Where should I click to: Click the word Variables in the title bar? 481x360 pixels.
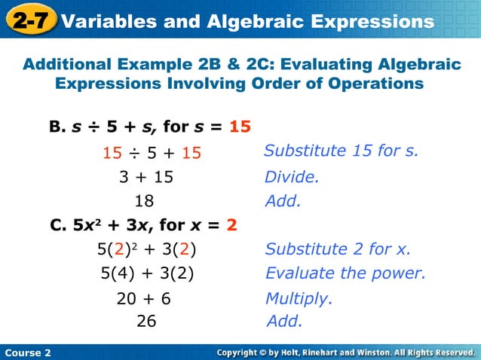click(x=106, y=20)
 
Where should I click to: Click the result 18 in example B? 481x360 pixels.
click(x=143, y=201)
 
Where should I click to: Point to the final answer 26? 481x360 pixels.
click(x=146, y=321)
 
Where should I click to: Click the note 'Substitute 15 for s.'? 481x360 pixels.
click(x=341, y=151)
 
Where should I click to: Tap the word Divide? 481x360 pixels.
click(x=292, y=178)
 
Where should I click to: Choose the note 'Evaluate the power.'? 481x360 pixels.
click(x=345, y=273)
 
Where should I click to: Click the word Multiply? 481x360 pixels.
click(x=299, y=298)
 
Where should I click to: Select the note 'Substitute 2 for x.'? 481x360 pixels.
click(x=338, y=249)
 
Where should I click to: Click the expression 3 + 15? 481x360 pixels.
click(x=146, y=178)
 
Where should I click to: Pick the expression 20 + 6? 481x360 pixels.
click(x=143, y=298)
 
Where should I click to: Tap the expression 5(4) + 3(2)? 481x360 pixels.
click(x=147, y=273)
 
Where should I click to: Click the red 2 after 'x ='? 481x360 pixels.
click(x=231, y=224)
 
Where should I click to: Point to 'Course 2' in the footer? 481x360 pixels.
click(x=26, y=352)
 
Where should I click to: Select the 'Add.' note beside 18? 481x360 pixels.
click(x=283, y=201)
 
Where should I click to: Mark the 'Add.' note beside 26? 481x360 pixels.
click(x=285, y=321)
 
